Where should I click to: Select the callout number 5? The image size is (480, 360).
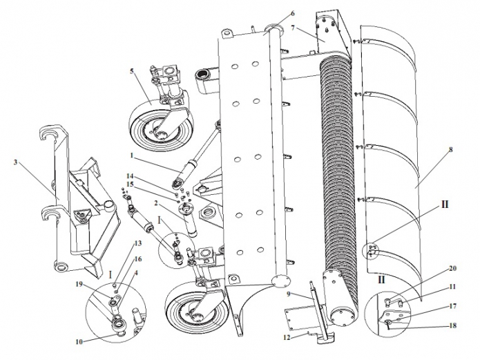tap(131, 71)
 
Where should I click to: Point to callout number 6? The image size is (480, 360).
tap(292, 14)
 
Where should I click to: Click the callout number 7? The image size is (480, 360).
tap(293, 28)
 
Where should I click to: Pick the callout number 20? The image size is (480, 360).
tap(434, 268)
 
